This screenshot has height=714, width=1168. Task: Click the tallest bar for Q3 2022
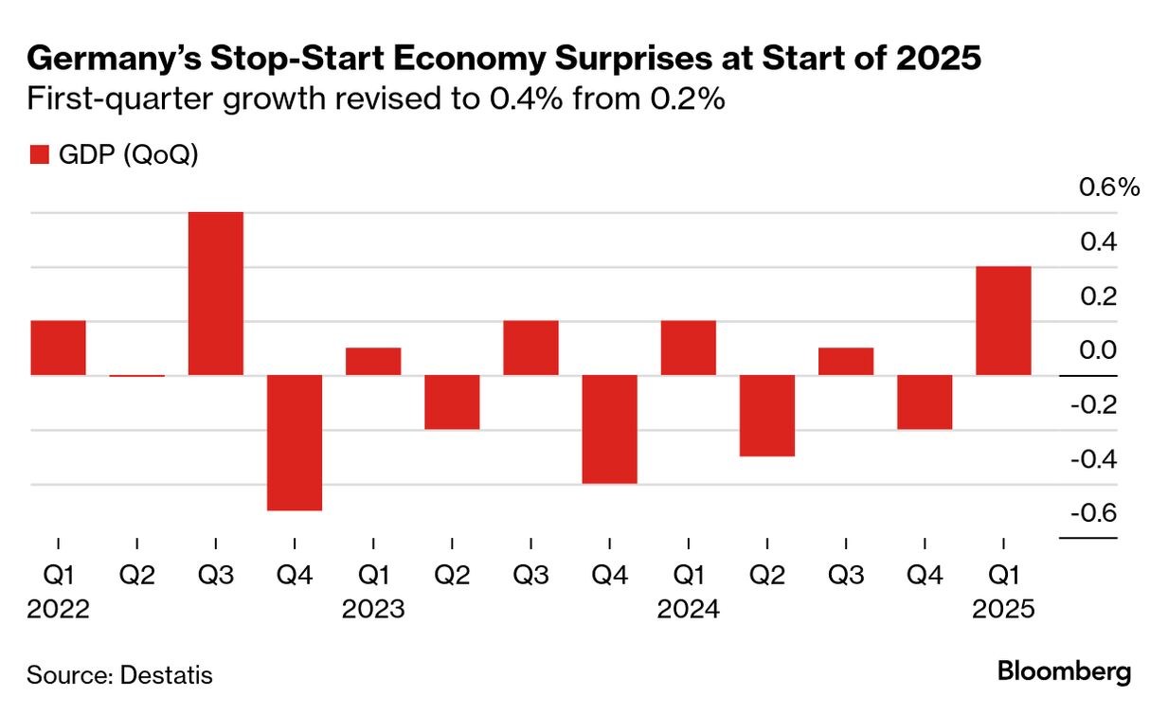click(x=216, y=294)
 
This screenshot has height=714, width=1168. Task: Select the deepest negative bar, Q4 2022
click(x=295, y=442)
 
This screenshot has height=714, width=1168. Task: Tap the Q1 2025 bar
click(x=1003, y=321)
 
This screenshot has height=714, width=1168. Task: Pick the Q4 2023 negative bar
click(x=610, y=429)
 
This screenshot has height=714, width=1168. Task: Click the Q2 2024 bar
click(x=767, y=416)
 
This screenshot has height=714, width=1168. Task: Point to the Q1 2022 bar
click(x=59, y=348)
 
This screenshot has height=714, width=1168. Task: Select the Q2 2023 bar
click(x=452, y=402)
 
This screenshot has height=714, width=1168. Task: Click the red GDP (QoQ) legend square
click(x=39, y=155)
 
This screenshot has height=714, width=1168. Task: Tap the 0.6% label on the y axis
click(x=1109, y=187)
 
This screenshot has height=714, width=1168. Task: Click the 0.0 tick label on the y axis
click(x=1100, y=350)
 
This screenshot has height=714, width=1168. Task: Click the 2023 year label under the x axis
click(x=373, y=608)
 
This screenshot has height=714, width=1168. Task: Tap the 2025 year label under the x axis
click(x=1004, y=608)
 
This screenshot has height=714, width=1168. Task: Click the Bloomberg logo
click(x=1065, y=672)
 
